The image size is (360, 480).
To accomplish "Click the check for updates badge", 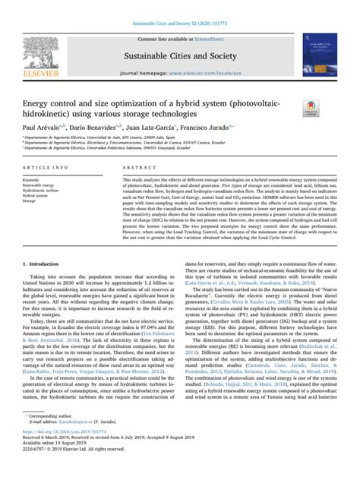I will (x=311, y=110).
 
